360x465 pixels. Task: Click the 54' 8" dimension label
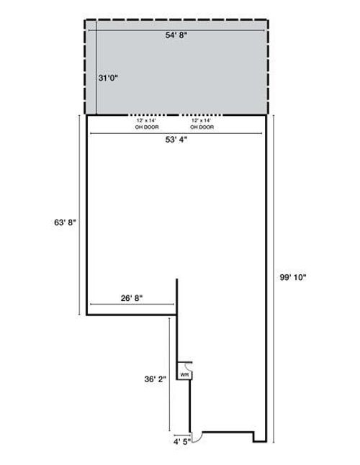[177, 34]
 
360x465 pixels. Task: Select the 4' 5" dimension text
[181, 443]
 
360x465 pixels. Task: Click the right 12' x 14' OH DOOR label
[202, 125]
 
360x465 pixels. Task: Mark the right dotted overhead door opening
[202, 115]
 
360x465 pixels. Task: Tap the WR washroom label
[184, 375]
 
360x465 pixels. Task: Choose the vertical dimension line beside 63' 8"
[78, 216]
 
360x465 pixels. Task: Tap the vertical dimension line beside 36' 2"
[170, 374]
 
